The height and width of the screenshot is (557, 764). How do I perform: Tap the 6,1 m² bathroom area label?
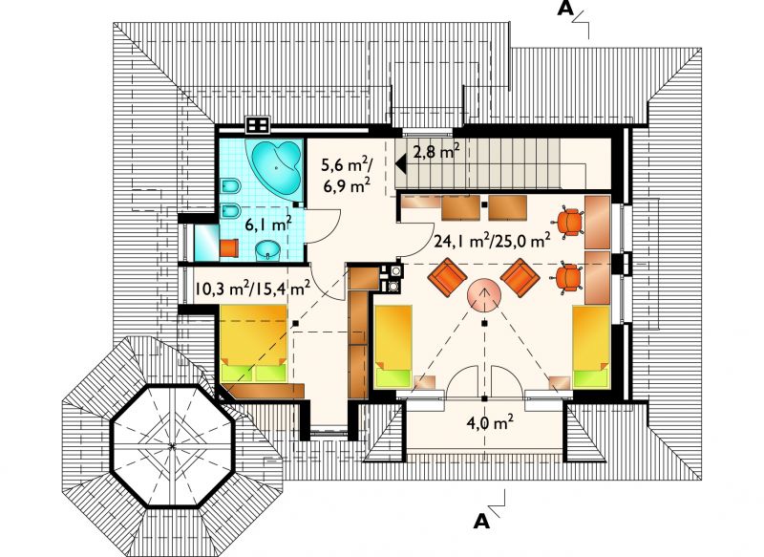[268, 225]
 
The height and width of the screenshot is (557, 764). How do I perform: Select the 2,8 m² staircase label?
[436, 152]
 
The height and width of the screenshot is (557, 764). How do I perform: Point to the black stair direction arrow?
[401, 163]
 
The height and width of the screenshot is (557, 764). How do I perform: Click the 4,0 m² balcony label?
[490, 422]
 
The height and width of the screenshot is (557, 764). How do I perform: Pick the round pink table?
[484, 295]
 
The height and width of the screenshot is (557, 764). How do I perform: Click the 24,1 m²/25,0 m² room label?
[492, 240]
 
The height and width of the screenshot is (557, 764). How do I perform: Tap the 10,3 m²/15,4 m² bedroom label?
[252, 288]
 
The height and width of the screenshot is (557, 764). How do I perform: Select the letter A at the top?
[565, 9]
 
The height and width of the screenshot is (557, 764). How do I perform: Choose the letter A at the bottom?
[481, 522]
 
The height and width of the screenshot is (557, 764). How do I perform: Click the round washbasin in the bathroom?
[268, 250]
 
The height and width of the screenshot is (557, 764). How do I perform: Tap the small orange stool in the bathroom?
[229, 247]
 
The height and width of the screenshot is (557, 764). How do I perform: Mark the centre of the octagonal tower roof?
[172, 446]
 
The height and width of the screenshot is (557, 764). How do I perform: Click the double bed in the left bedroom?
[253, 344]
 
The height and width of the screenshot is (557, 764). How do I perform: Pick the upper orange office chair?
[570, 223]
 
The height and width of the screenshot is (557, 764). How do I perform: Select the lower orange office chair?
[568, 278]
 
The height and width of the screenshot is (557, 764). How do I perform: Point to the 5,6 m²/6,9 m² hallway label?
[346, 175]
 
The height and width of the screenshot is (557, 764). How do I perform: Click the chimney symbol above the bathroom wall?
[258, 125]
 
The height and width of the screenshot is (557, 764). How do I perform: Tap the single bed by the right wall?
[591, 347]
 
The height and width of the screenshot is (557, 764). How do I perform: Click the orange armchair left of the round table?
[447, 277]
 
